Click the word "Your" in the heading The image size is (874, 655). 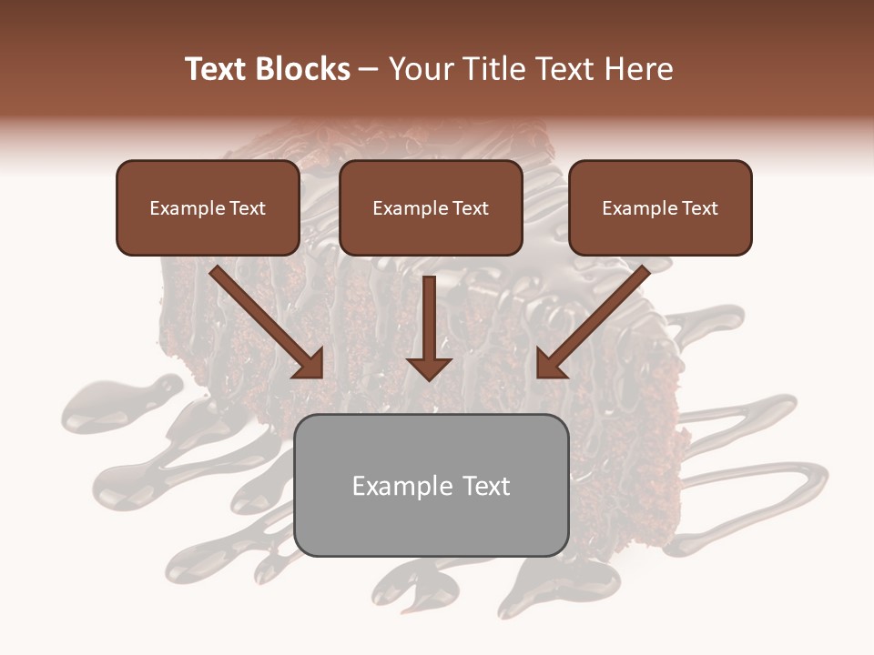tap(420, 69)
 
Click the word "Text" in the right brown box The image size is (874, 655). tap(699, 208)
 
